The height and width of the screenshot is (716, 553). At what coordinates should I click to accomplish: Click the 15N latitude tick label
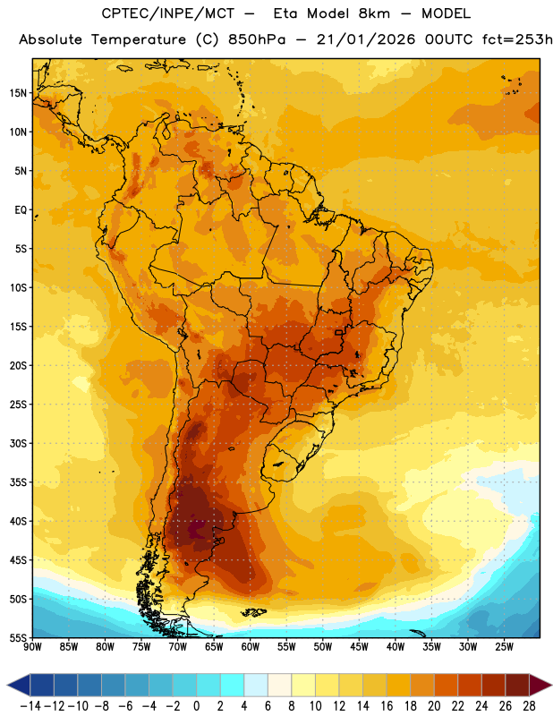[x=18, y=93]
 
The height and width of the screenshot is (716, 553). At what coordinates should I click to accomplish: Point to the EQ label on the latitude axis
[x=21, y=210]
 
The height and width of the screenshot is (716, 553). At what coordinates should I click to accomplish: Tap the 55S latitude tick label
[x=18, y=638]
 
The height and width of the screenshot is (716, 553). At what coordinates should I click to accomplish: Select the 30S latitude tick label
[x=18, y=443]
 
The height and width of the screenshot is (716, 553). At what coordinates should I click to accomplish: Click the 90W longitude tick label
[x=32, y=647]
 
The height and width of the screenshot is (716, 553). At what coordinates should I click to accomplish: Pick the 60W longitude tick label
[x=251, y=647]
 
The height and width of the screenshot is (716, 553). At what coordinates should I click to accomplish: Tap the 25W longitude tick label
[x=504, y=647]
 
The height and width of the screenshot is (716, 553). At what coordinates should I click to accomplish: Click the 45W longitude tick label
[x=359, y=647]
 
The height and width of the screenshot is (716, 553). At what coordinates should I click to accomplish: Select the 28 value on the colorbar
[x=529, y=706]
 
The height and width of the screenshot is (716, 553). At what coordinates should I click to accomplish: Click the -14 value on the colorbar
[x=30, y=706]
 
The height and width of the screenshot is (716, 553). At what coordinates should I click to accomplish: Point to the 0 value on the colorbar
[x=196, y=706]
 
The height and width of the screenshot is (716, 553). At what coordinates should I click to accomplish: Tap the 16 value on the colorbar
[x=387, y=706]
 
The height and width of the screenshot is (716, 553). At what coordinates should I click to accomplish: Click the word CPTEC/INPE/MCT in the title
[x=168, y=13]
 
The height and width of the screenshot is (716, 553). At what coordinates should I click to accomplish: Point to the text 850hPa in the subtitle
[x=256, y=39]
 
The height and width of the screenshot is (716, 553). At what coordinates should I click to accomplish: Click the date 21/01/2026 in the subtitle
[x=366, y=39]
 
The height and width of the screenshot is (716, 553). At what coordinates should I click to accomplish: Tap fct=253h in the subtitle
[x=517, y=39]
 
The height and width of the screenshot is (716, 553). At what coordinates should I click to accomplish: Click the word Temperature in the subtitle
[x=139, y=40]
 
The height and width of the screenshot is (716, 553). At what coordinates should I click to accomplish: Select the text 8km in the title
[x=374, y=13]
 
